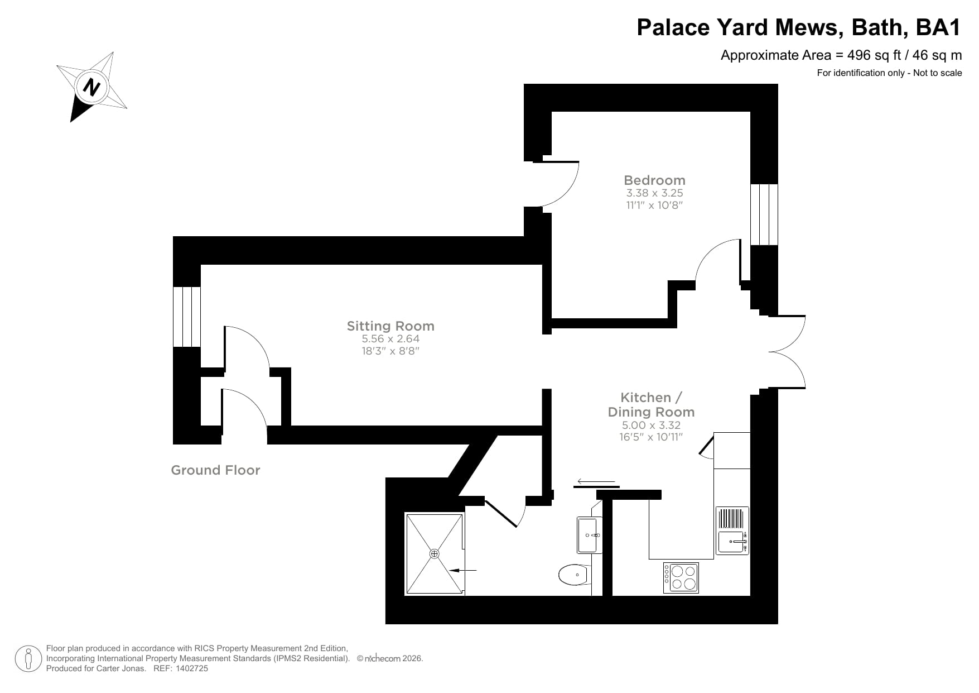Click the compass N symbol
click(x=91, y=87)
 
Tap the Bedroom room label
click(x=654, y=180)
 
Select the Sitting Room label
click(x=390, y=326)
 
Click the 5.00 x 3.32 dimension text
click(x=651, y=425)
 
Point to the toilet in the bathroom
click(x=574, y=575)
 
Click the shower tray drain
click(x=435, y=553)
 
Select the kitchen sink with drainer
click(x=732, y=530)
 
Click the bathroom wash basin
click(x=589, y=535)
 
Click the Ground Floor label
click(x=215, y=470)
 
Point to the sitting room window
click(x=186, y=317)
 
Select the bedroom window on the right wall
click(x=764, y=214)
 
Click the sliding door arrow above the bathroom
click(x=596, y=481)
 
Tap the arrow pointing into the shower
click(x=463, y=570)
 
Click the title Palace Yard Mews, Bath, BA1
click(x=799, y=27)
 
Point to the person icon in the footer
click(x=28, y=659)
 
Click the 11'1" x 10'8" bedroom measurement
click(x=654, y=205)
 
